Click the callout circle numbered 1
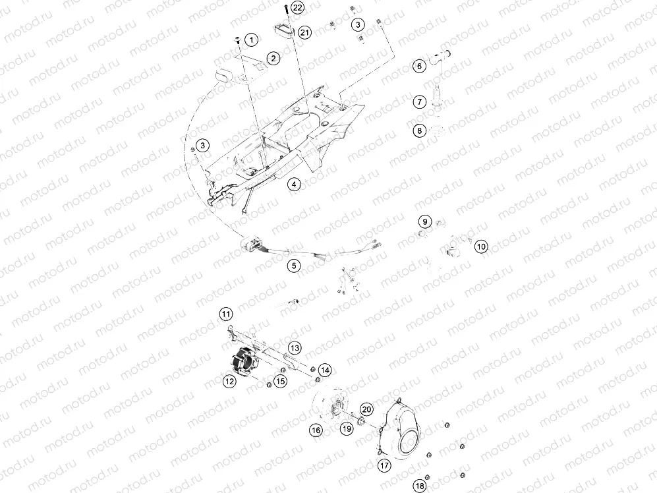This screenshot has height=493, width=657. [250, 40]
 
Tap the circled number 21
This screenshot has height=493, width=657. [304, 32]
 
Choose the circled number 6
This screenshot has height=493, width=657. [418, 66]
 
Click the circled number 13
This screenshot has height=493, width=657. [294, 347]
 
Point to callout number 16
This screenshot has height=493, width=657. [316, 430]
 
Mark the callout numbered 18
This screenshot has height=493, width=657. [419, 486]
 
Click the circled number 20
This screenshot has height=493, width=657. [367, 409]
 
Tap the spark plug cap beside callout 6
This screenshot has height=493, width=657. [442, 59]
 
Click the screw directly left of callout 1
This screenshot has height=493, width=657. [237, 41]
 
